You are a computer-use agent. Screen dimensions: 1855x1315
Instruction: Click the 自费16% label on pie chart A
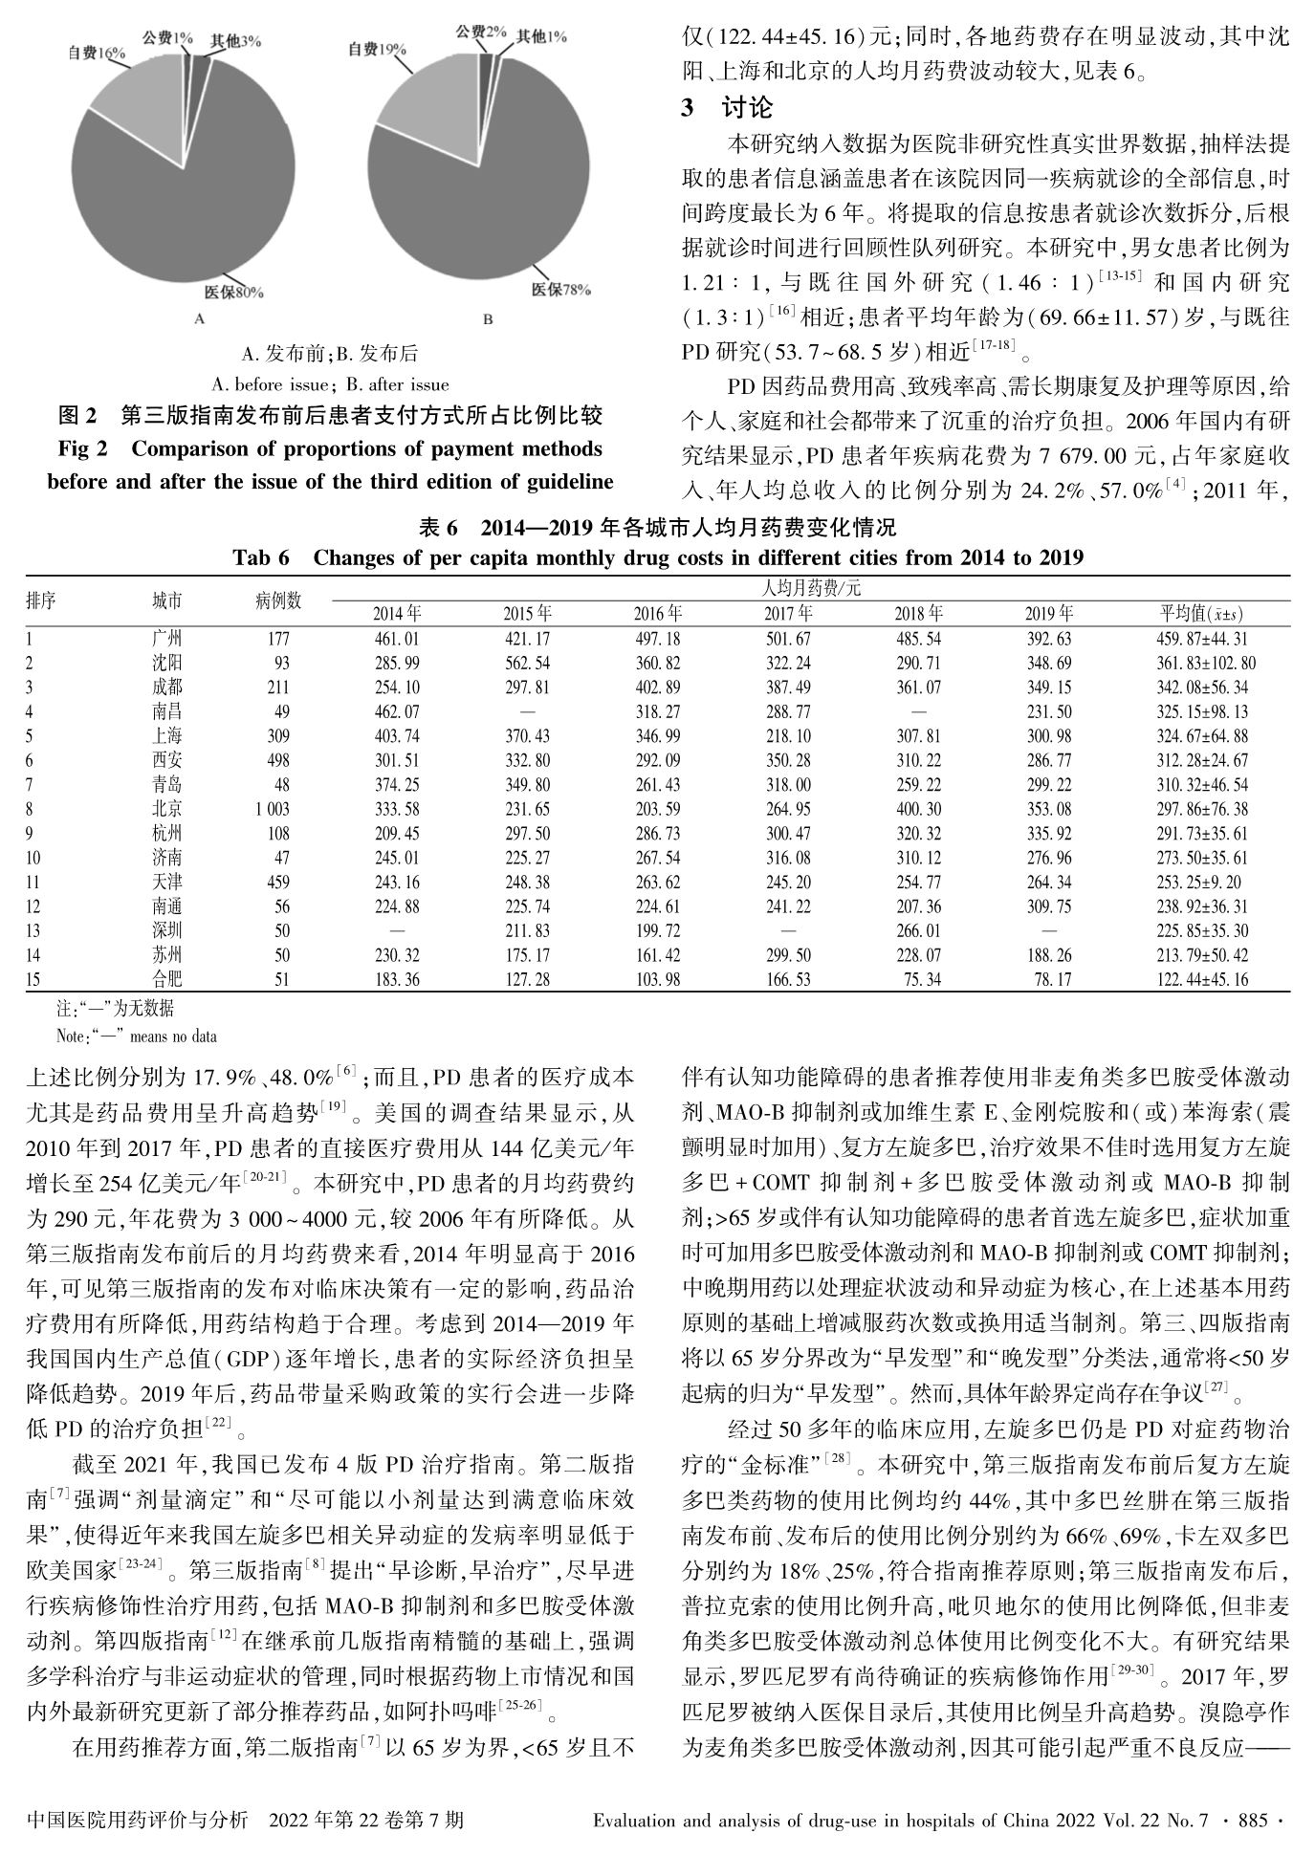[98, 54]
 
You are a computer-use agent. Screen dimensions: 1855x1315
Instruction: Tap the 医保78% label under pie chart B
[561, 290]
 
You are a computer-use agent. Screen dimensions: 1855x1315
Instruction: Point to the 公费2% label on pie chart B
[481, 33]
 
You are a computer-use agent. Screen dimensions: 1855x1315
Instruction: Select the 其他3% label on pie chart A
[235, 41]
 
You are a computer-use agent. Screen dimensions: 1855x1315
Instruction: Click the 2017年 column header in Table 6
[788, 614]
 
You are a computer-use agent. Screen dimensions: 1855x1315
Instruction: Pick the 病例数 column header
[278, 600]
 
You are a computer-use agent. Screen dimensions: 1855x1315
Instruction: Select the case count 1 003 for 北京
[272, 809]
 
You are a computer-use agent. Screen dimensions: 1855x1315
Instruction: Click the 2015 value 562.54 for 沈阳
[527, 663]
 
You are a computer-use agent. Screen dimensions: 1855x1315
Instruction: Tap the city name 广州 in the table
[166, 639]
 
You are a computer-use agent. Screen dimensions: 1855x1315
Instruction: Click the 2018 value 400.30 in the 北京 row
[918, 809]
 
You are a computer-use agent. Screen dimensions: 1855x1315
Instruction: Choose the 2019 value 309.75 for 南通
[1048, 906]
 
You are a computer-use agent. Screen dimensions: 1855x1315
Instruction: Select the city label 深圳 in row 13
[166, 930]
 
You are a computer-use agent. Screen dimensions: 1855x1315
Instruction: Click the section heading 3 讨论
[727, 108]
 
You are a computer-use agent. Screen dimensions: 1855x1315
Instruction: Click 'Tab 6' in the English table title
[261, 557]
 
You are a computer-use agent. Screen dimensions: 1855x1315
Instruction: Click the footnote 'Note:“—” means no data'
[137, 1036]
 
